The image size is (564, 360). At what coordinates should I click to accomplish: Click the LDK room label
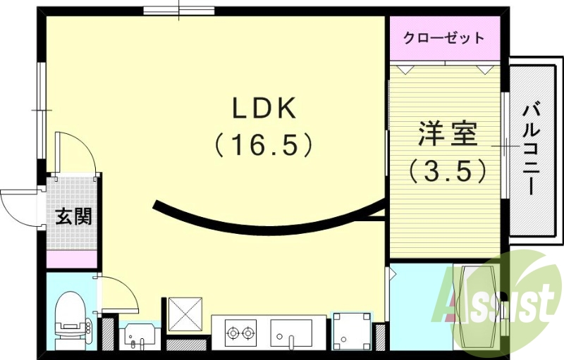266,108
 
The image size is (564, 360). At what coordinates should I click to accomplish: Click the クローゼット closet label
444,37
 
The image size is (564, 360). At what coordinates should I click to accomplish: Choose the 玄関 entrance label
73,216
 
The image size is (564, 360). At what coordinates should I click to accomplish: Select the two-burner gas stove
240,331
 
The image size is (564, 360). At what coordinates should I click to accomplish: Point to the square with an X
185,314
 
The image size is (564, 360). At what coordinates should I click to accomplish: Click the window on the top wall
178,11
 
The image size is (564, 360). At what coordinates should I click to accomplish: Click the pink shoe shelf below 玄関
73,259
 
